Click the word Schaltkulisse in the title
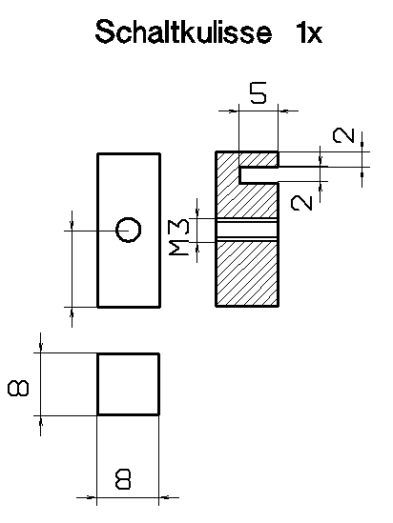tap(183, 31)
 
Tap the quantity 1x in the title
tap(309, 32)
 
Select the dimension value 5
tap(259, 93)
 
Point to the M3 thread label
tap(179, 236)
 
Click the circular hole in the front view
tap(128, 230)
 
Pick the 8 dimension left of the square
tap(18, 389)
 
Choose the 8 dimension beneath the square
tap(123, 479)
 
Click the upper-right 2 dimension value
tap(343, 135)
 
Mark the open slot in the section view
tap(259, 174)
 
